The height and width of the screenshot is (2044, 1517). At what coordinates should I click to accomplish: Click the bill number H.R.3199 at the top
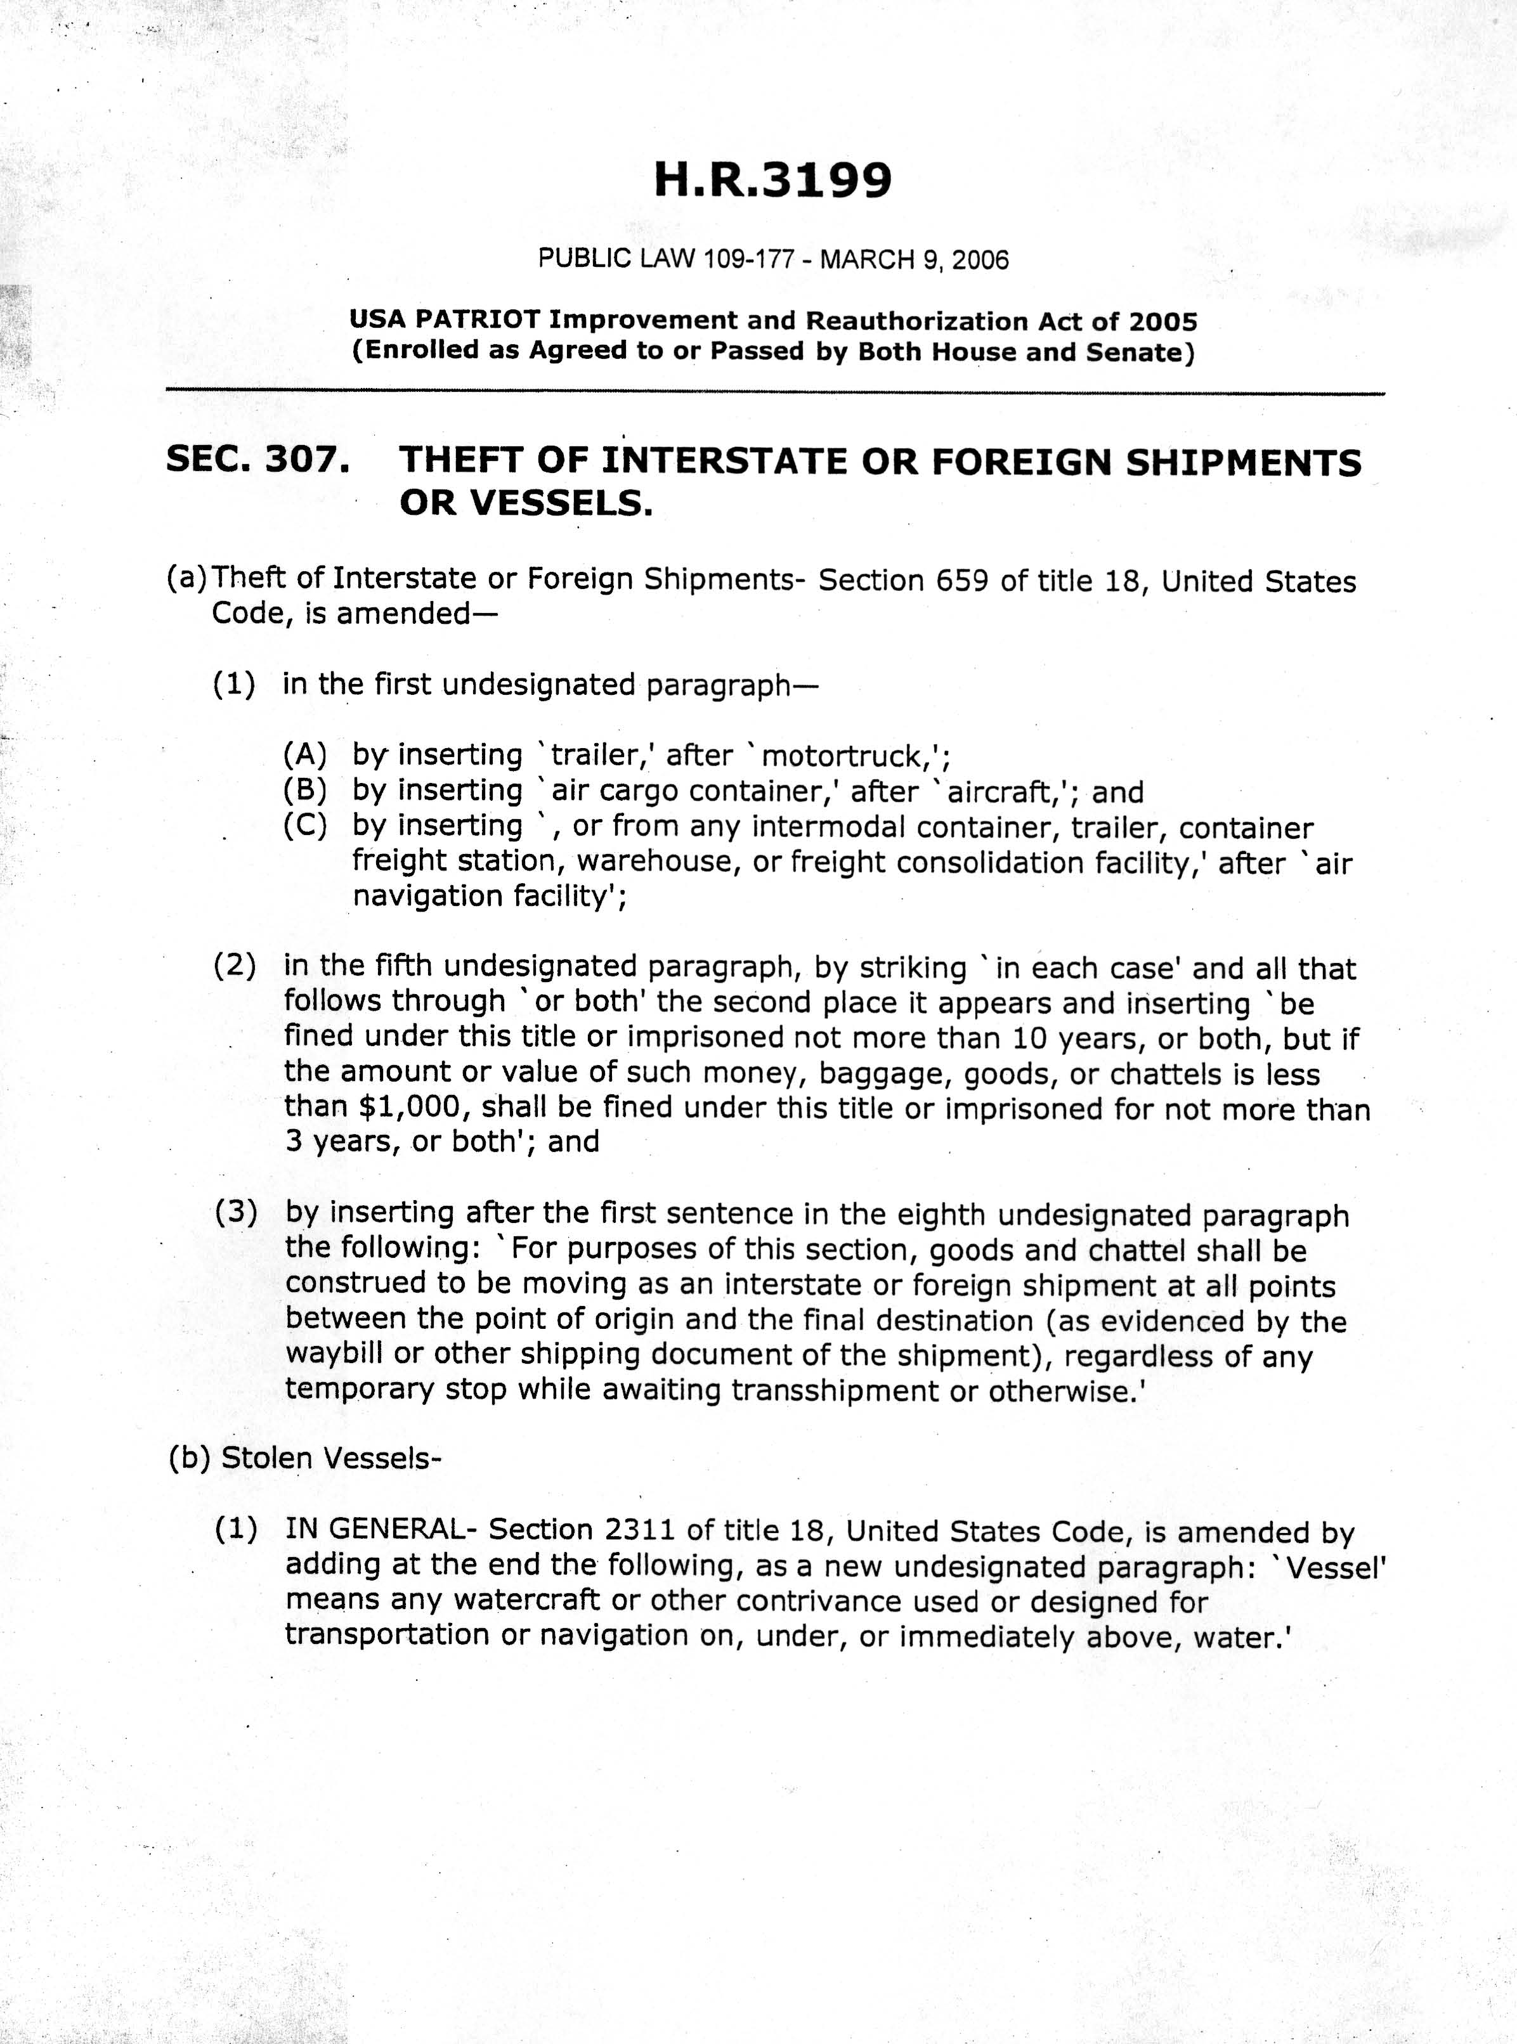pos(772,180)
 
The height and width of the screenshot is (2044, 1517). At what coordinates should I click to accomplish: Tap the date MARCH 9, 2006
pos(914,260)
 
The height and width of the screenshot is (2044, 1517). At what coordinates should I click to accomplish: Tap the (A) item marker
pos(305,754)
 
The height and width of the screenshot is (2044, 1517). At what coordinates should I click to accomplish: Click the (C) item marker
pos(305,825)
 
